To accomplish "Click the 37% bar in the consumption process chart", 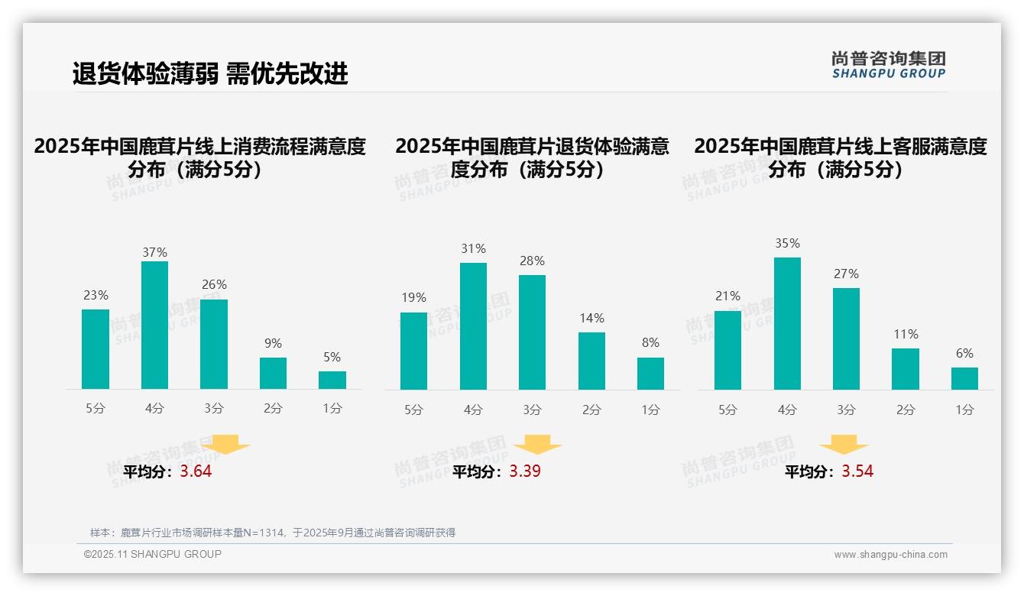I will point(154,325).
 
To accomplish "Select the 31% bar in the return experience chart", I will point(473,326).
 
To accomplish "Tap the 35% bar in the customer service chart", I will point(787,323).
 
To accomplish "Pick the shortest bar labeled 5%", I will point(332,380).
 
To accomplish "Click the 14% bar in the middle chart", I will point(591,361).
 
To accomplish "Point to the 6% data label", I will point(964,353).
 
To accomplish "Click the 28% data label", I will point(532,261).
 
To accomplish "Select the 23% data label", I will point(96,295).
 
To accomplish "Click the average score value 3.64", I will point(196,471).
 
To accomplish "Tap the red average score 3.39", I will point(525,471).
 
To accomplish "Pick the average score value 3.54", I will point(857,471).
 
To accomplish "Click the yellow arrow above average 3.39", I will point(537,445).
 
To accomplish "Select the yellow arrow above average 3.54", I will point(844,445).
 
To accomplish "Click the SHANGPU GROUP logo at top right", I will point(888,65).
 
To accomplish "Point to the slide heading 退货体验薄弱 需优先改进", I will point(210,73).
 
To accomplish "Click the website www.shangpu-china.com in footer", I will point(890,555).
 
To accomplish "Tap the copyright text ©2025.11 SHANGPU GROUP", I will point(153,554).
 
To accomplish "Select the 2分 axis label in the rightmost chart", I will point(906,410).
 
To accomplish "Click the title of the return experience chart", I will point(532,157).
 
